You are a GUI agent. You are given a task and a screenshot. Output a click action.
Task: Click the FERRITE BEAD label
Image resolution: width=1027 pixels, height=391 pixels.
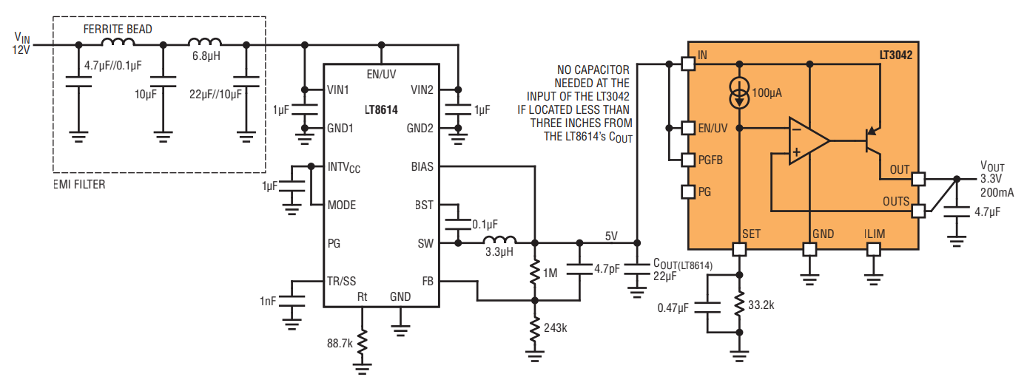coord(118,30)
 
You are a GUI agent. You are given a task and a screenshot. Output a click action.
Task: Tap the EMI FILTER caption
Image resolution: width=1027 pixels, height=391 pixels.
coord(80,185)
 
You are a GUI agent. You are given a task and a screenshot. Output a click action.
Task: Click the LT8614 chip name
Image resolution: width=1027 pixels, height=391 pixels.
coord(381,110)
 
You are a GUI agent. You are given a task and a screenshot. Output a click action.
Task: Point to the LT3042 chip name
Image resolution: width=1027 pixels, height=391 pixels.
coord(896,55)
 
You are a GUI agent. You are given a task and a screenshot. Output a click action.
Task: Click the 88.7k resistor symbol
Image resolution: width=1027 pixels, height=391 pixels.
coord(363,342)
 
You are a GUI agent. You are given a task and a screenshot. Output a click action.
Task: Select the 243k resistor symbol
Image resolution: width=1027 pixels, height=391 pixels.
coord(535,329)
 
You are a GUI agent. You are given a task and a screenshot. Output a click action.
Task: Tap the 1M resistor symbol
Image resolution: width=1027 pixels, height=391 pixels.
coord(535,273)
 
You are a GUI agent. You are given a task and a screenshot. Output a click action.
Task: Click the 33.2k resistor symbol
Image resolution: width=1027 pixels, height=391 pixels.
coord(739,304)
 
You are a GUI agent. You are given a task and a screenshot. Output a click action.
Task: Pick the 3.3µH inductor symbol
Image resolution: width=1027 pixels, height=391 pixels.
coord(500,241)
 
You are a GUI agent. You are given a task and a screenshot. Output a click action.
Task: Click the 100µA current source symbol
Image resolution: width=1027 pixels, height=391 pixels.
coord(739,93)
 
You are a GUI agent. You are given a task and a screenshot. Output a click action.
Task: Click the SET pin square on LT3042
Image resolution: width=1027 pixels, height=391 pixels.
coord(739,250)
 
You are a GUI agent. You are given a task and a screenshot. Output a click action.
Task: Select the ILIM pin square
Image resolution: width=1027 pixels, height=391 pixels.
coord(874,250)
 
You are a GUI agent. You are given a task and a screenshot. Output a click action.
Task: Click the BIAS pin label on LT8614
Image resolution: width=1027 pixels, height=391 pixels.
coord(422,166)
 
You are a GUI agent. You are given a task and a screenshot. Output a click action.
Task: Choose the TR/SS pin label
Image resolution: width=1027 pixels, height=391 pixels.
coord(342,281)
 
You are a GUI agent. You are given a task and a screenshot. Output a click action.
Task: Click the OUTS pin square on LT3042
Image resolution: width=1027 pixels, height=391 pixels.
coord(918,211)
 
